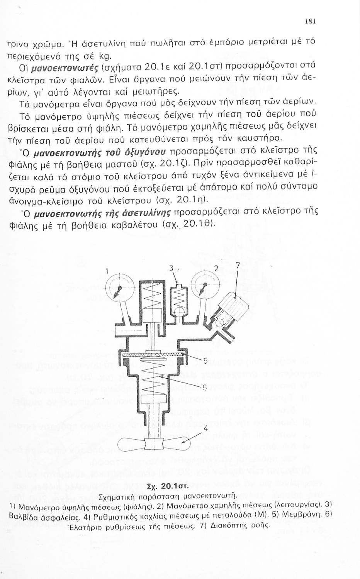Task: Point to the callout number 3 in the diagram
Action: pyautogui.click(x=170, y=268)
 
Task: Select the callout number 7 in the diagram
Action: pyautogui.click(x=238, y=266)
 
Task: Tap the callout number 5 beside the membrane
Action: pyautogui.click(x=205, y=361)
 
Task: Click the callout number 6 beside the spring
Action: pyautogui.click(x=205, y=387)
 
